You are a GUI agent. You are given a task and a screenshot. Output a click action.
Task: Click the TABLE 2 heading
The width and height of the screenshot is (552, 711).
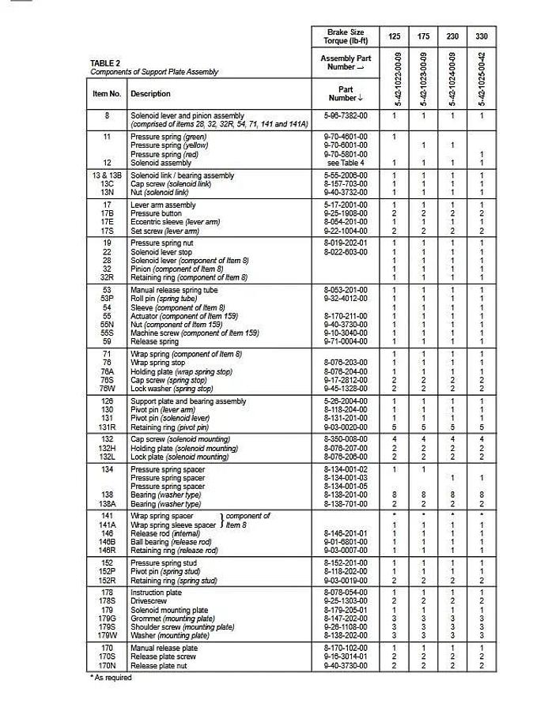(x=105, y=63)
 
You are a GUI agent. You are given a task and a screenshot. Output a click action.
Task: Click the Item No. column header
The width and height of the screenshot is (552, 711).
(x=107, y=93)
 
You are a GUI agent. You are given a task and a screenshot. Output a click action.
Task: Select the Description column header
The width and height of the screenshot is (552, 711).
(x=150, y=93)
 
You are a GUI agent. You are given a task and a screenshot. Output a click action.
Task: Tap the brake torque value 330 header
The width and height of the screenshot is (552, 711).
(x=482, y=36)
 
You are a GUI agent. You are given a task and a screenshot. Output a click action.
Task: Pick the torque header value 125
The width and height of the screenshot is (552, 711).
(x=395, y=36)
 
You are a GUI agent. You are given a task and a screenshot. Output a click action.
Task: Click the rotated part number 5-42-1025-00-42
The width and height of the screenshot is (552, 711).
(x=482, y=79)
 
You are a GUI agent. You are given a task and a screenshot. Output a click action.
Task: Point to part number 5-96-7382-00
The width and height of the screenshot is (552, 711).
(x=346, y=116)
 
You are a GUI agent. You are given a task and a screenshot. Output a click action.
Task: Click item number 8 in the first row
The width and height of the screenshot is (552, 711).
(x=107, y=116)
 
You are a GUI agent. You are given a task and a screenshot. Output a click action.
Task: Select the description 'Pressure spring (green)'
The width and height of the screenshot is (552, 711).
(x=168, y=137)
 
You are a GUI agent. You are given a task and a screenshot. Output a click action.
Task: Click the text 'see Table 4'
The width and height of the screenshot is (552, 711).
(x=346, y=163)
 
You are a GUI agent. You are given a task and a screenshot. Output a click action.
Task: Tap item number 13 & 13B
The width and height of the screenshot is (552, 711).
(x=108, y=175)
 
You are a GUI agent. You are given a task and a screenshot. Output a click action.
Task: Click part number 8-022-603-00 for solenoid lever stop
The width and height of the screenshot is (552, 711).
(x=346, y=252)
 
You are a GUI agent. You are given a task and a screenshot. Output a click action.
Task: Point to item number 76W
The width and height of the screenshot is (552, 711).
(x=107, y=389)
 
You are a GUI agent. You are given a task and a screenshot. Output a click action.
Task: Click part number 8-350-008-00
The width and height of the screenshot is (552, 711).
(x=346, y=439)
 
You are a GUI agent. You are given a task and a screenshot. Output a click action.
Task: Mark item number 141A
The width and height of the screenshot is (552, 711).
(x=107, y=525)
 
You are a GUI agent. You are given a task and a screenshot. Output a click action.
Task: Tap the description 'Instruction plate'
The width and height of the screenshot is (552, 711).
(x=156, y=592)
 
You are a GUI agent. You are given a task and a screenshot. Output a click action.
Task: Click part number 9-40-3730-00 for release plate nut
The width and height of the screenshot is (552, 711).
(x=346, y=665)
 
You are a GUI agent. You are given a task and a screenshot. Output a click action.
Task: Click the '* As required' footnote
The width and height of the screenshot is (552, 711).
(x=110, y=677)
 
